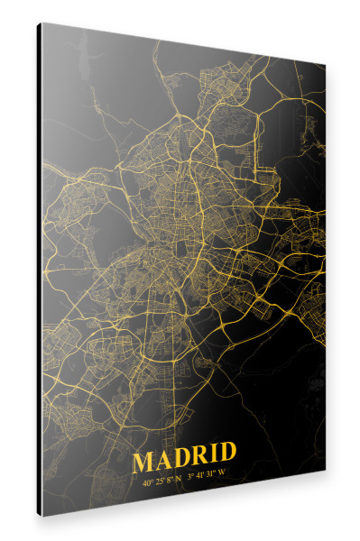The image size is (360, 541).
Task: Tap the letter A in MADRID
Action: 163,459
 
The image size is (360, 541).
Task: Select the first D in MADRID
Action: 181,459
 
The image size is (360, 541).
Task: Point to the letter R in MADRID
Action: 199,459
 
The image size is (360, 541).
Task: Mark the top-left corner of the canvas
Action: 41,23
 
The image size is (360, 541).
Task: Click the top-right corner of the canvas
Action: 325,65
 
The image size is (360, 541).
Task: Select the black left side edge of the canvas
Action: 39,270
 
